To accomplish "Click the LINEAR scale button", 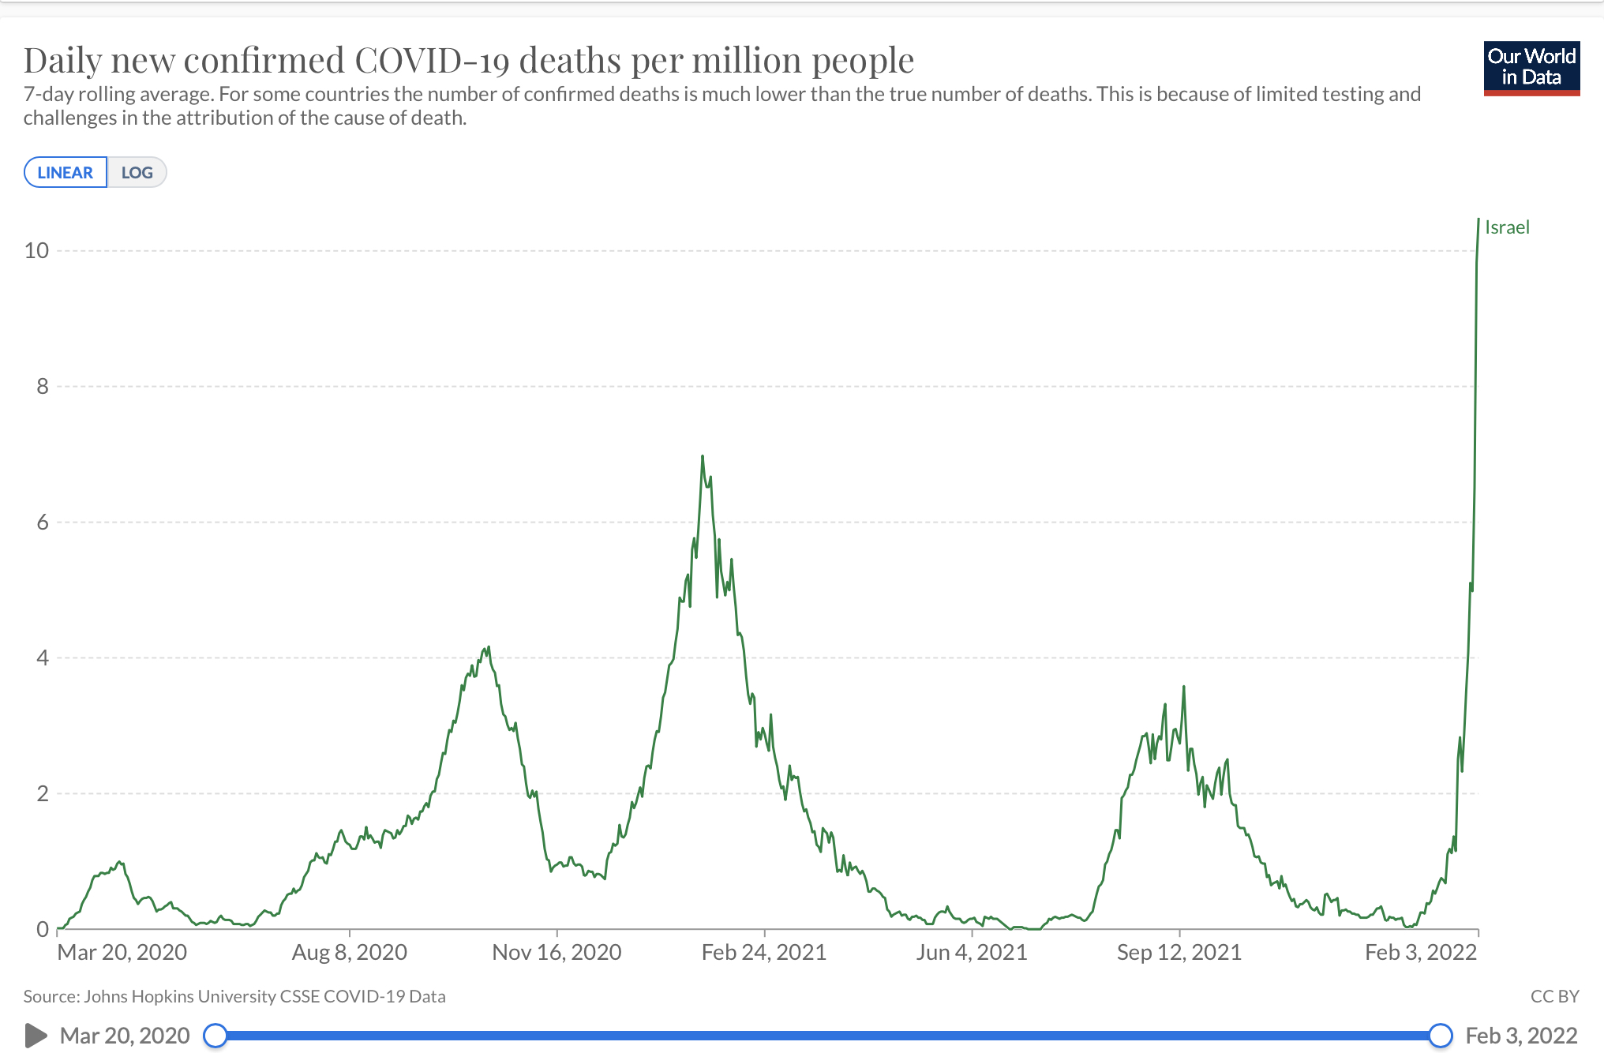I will tap(65, 173).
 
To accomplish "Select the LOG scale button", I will tap(137, 173).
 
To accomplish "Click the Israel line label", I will tap(1507, 227).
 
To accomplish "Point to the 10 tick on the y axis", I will tap(36, 251).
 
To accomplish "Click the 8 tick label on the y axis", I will tap(42, 387).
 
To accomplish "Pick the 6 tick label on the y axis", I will tap(42, 523).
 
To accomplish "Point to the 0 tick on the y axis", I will tap(42, 930).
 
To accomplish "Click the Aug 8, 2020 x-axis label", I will tap(350, 953).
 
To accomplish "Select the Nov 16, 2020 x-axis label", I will tap(557, 953).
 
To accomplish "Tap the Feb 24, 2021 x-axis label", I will tap(764, 953).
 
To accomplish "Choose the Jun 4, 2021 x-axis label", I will tap(972, 953).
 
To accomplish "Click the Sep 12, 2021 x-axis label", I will tap(1179, 953).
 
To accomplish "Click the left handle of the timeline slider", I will tap(215, 1036).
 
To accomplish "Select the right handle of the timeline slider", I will tap(1441, 1036).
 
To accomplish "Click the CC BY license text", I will tap(1554, 996).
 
